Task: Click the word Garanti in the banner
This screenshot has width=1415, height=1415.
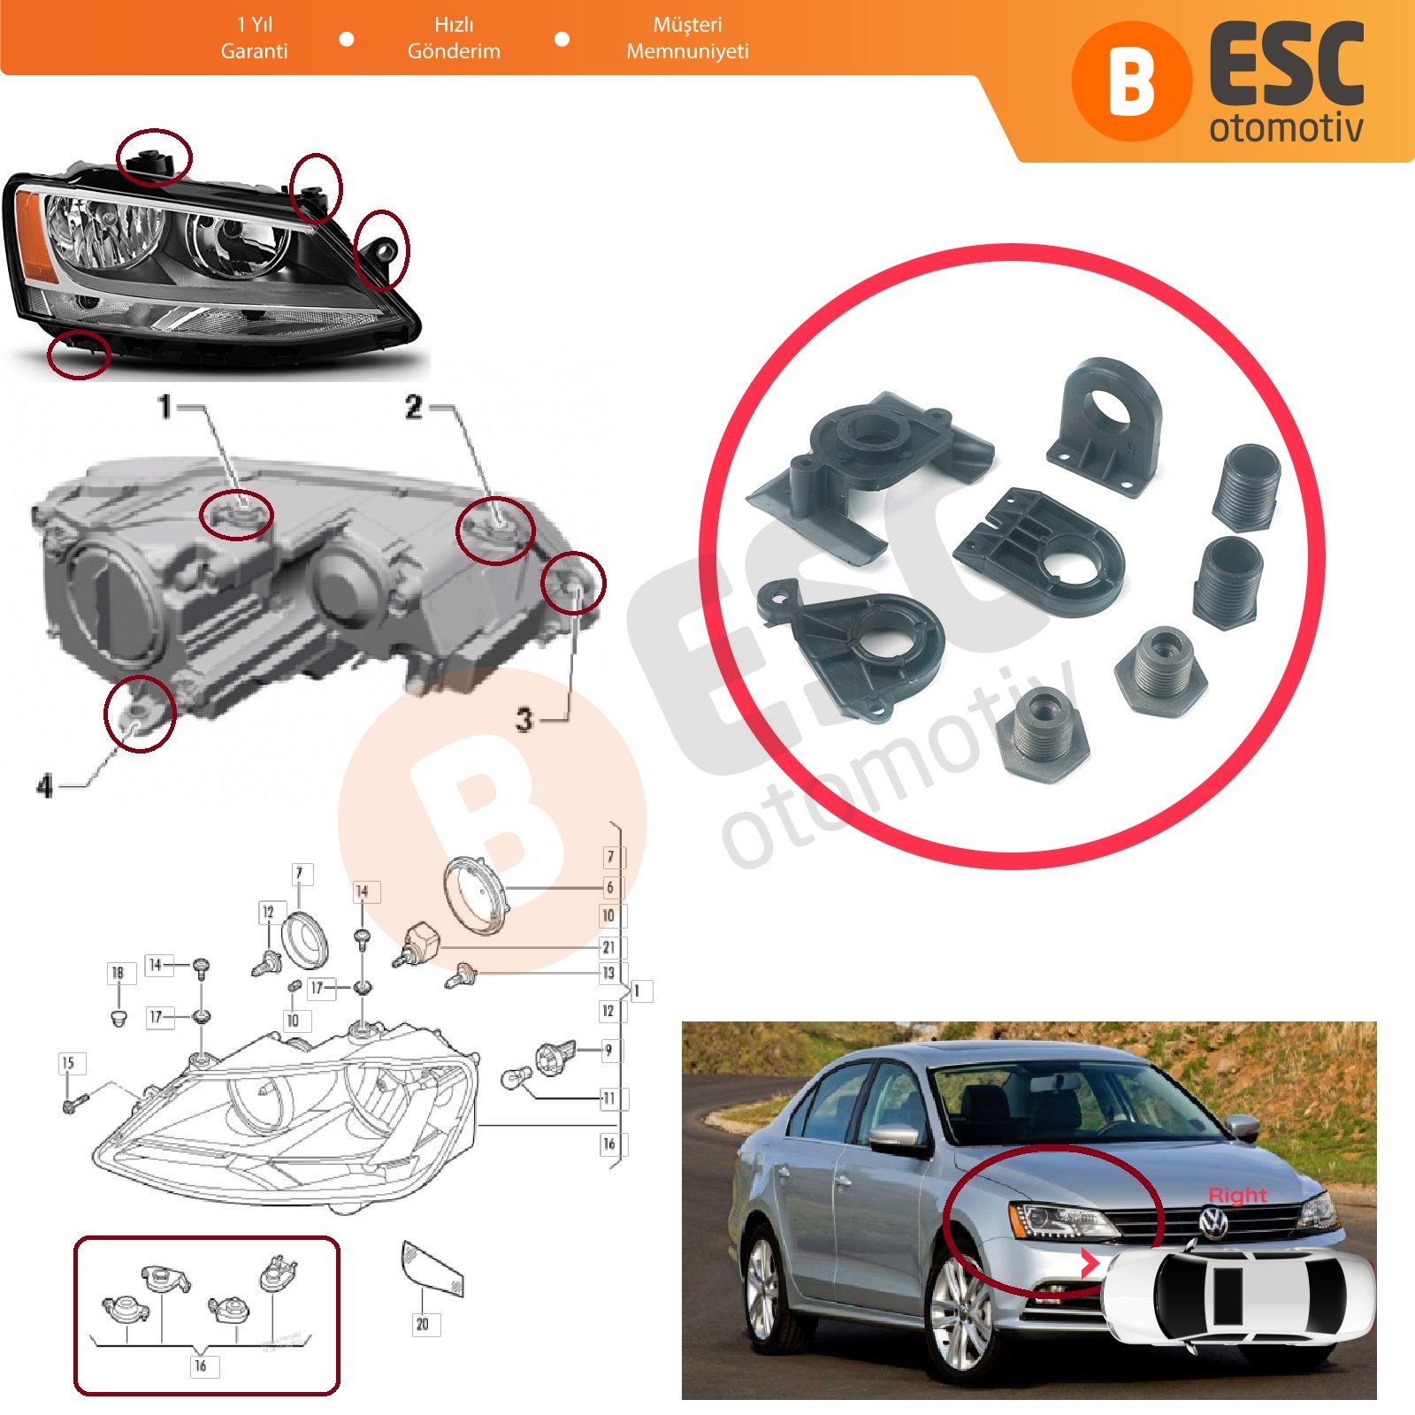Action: point(254,51)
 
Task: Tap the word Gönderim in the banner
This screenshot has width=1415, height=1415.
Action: point(454,51)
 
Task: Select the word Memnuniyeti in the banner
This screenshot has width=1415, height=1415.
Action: point(687,51)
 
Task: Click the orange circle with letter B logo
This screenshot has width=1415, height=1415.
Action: point(1131,81)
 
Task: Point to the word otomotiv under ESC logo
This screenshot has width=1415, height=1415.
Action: point(1286,127)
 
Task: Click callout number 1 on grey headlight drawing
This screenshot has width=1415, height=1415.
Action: point(164,407)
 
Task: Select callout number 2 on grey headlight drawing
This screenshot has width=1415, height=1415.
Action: point(414,407)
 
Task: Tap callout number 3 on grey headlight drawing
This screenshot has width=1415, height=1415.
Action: point(524,720)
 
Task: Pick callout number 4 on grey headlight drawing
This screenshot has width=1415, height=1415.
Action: point(45,785)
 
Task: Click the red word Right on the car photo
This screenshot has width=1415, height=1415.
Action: point(1237,1195)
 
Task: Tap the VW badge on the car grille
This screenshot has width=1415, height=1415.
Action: point(1213,1223)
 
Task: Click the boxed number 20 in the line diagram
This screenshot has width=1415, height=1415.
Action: point(423,1324)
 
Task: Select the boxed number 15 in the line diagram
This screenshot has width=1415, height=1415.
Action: point(69,1063)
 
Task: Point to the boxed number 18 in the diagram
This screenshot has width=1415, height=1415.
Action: point(118,974)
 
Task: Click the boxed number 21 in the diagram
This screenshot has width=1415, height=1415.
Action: point(609,947)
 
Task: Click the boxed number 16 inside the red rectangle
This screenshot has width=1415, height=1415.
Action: point(202,1365)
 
